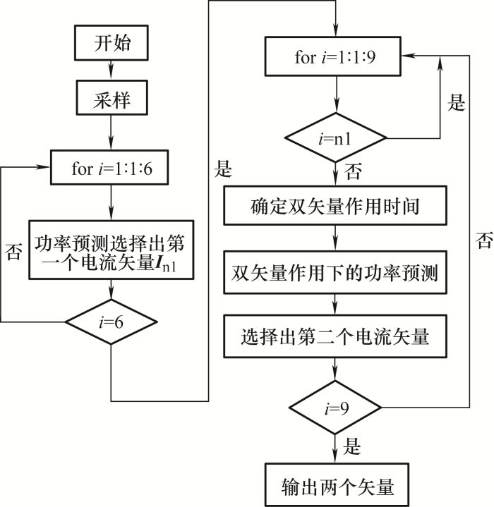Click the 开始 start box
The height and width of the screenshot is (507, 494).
point(112,43)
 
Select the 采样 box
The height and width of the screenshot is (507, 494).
point(112,97)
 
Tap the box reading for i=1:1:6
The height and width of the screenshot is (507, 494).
point(109,167)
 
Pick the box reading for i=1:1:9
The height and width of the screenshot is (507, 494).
point(333,56)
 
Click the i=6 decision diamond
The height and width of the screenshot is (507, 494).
point(112,322)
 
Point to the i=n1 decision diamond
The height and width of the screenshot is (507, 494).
point(335,138)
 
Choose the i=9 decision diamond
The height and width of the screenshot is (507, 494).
point(335,408)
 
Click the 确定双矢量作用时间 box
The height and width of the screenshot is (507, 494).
point(335,205)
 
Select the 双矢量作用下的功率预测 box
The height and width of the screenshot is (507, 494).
point(335,272)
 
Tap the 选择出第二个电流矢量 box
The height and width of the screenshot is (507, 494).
point(335,336)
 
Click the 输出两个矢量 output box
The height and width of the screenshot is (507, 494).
point(337,484)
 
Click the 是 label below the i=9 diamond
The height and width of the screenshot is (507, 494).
point(352,446)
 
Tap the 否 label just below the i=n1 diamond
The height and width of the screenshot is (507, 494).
point(353,171)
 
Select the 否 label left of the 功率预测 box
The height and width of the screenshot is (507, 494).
point(13,252)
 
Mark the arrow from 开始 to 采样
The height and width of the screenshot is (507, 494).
point(112,71)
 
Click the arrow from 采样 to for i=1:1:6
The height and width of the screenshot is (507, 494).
point(111,133)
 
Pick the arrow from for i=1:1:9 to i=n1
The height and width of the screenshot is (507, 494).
point(336,94)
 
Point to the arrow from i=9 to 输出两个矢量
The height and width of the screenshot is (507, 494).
point(335,448)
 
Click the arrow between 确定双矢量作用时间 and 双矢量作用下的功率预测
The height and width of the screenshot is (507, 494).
point(335,238)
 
